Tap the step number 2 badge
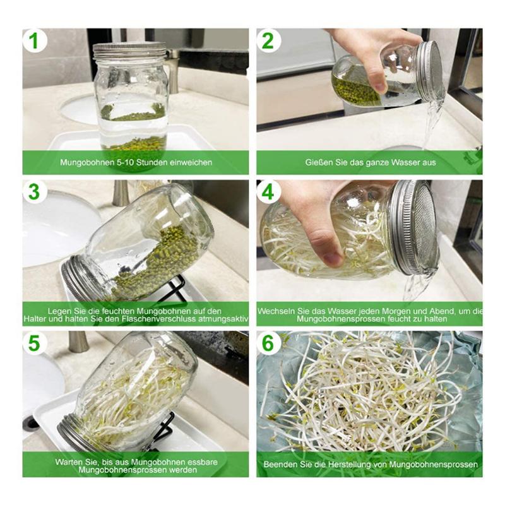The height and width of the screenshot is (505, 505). click(268, 41)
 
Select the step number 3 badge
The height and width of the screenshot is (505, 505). click(35, 192)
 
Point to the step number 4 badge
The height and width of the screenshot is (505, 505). click(268, 192)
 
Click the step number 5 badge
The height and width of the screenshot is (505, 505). click(35, 343)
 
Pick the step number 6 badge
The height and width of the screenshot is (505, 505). click(268, 343)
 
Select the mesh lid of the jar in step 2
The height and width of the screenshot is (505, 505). click(431, 71)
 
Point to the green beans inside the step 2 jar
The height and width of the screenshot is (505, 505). click(357, 89)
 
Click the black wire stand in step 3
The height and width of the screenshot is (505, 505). click(174, 287)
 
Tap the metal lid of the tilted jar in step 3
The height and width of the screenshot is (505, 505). click(79, 278)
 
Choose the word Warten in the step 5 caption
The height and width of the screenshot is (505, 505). click(68, 461)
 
